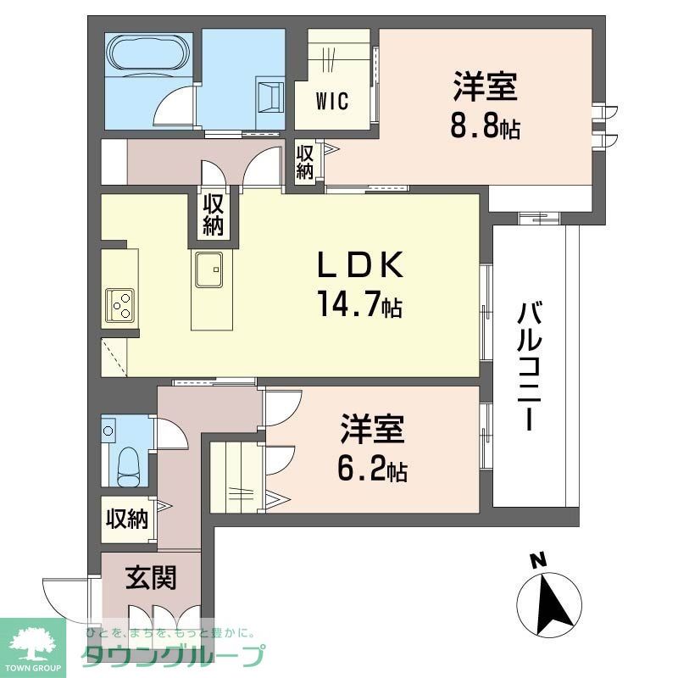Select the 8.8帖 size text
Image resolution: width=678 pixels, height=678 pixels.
pos(485,128)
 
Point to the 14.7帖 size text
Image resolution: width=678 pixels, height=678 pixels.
pos(358,303)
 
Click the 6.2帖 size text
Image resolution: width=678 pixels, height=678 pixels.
pos(374,468)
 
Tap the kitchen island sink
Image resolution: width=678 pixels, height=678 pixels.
pos(208,272)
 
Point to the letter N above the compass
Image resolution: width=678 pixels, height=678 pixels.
pos(536,560)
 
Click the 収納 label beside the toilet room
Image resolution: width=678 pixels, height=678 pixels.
pos(127,518)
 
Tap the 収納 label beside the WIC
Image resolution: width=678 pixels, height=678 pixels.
pos(305,161)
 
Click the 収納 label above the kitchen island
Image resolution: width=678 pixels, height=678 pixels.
pos(213,215)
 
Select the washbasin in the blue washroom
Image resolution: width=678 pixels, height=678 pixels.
pos(270,95)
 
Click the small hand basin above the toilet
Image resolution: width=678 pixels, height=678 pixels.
pos(108,430)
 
